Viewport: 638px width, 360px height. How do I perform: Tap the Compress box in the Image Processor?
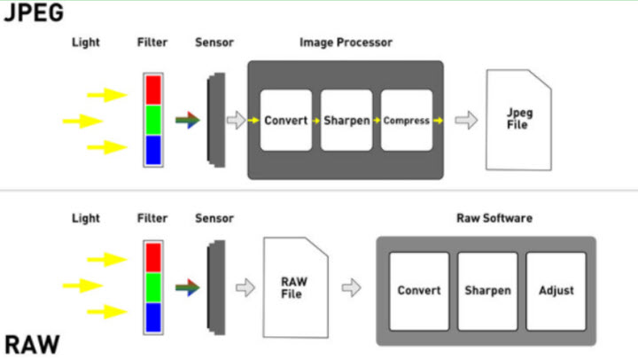pos(407,120)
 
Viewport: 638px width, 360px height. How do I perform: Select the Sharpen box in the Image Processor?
pos(346,120)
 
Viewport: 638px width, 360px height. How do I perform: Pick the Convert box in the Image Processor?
pos(285,120)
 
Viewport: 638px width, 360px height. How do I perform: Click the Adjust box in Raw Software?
pos(556,290)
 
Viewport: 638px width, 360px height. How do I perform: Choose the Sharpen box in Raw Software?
pos(487,290)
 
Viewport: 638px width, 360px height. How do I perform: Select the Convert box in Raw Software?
pos(419,290)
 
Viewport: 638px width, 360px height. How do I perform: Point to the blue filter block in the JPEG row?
pos(152,150)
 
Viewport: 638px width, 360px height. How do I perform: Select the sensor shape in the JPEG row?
pos(214,121)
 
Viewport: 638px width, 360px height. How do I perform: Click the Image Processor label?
pos(346,43)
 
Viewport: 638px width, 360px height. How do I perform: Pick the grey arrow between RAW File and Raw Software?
pos(352,286)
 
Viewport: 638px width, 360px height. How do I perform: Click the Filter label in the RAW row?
pos(152,218)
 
